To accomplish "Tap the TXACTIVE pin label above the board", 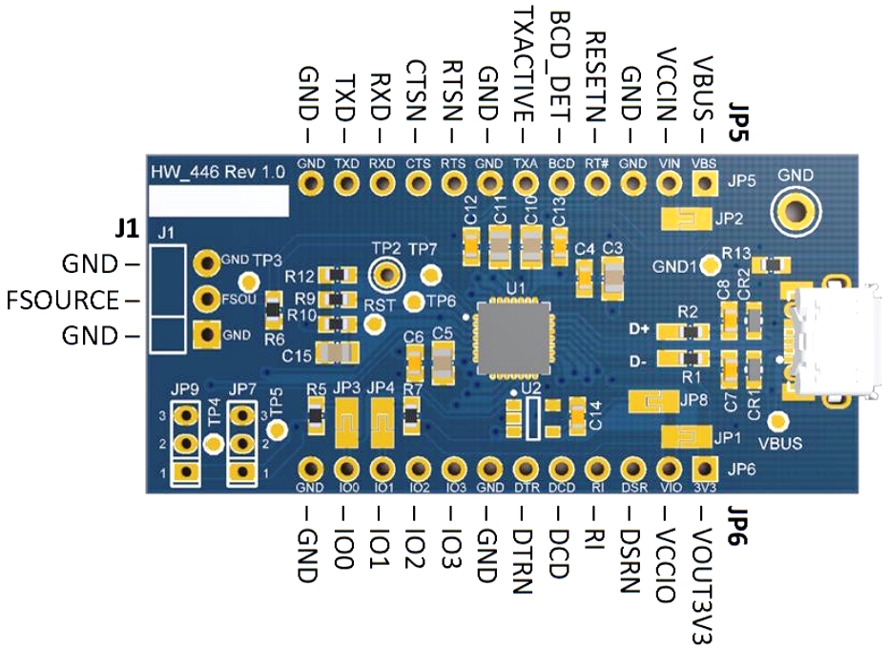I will pyautogui.click(x=524, y=62).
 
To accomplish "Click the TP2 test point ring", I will pyautogui.click(x=386, y=274).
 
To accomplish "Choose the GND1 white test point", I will pyautogui.click(x=709, y=263).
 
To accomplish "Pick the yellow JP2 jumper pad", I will pyautogui.click(x=685, y=220).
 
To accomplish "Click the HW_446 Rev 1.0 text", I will pyautogui.click(x=217, y=173).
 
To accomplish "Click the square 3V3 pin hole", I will pyautogui.click(x=704, y=469).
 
